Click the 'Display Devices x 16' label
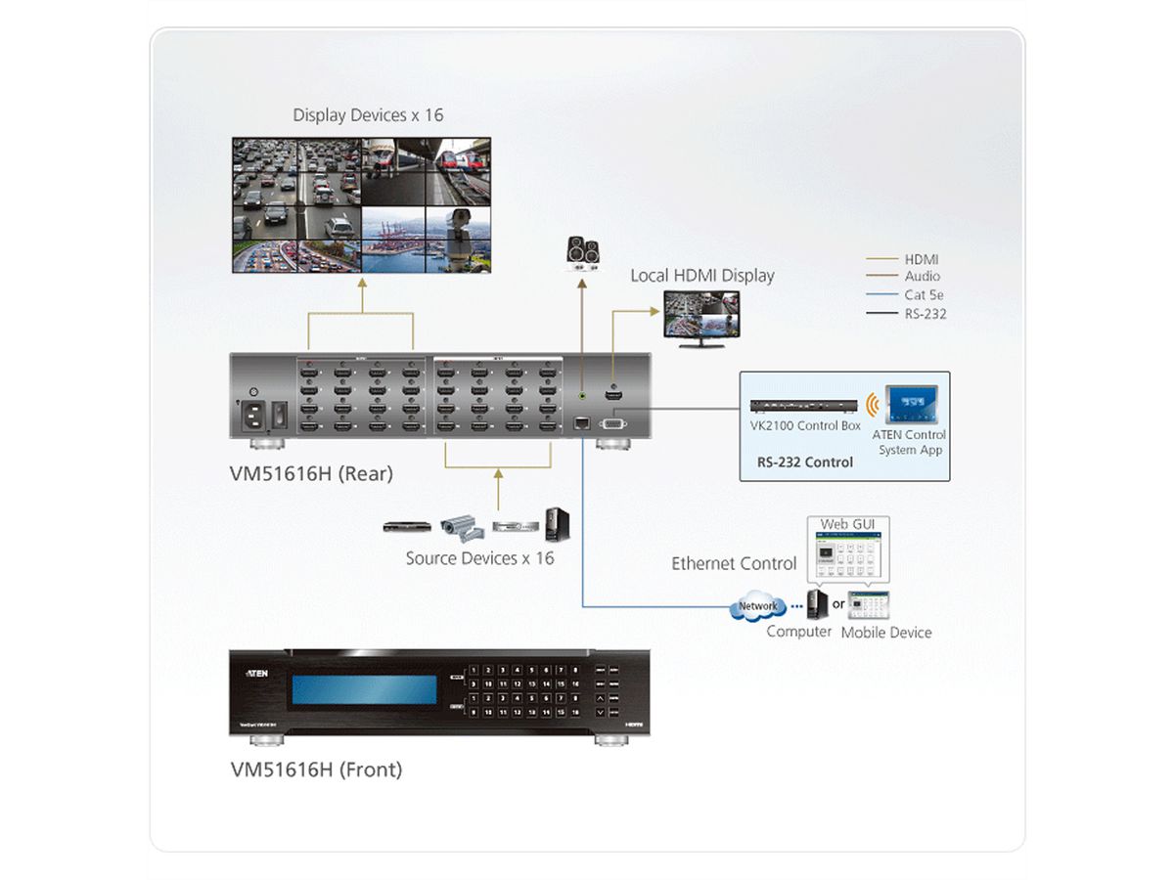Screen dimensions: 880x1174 [x=368, y=115]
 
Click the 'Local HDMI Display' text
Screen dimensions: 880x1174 [x=701, y=276]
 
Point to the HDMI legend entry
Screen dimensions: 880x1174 [x=921, y=259]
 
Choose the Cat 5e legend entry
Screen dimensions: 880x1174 [x=924, y=294]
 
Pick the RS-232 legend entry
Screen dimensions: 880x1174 [x=926, y=313]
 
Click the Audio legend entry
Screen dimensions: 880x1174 [x=922, y=277]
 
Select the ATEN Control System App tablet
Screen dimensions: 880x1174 [x=911, y=406]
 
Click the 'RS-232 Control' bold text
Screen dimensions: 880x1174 [x=805, y=462]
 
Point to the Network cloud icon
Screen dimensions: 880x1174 [x=757, y=607]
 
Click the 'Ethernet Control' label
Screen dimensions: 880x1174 [x=734, y=564]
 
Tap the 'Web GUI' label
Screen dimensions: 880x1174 [x=847, y=524]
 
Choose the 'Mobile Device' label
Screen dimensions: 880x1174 [x=886, y=633]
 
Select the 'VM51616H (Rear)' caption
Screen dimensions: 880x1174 [x=311, y=474]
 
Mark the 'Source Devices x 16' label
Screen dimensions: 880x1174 [x=479, y=558]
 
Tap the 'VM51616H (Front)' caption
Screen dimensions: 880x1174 [x=316, y=770]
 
